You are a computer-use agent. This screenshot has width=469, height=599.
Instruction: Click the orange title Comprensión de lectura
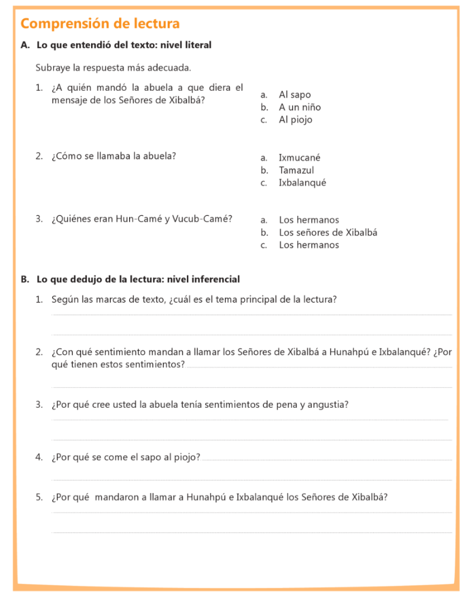(100, 24)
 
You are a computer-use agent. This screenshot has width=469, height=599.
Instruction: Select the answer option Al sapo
(294, 95)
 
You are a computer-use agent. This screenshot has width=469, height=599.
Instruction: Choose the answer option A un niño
(300, 107)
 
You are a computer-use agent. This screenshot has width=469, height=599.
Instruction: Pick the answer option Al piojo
(296, 120)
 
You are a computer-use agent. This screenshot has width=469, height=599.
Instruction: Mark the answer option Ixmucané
(299, 157)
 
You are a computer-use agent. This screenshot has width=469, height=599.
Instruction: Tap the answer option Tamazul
(296, 170)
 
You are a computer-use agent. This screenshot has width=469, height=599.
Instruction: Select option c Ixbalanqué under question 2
(302, 183)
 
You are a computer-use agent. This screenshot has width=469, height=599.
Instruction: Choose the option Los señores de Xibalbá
(328, 232)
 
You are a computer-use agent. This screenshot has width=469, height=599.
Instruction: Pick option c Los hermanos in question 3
(308, 245)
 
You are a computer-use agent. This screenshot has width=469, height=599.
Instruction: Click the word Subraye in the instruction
(52, 68)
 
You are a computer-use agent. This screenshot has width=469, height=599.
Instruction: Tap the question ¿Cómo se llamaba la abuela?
(113, 156)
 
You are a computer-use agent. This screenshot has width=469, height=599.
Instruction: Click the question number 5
(39, 497)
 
